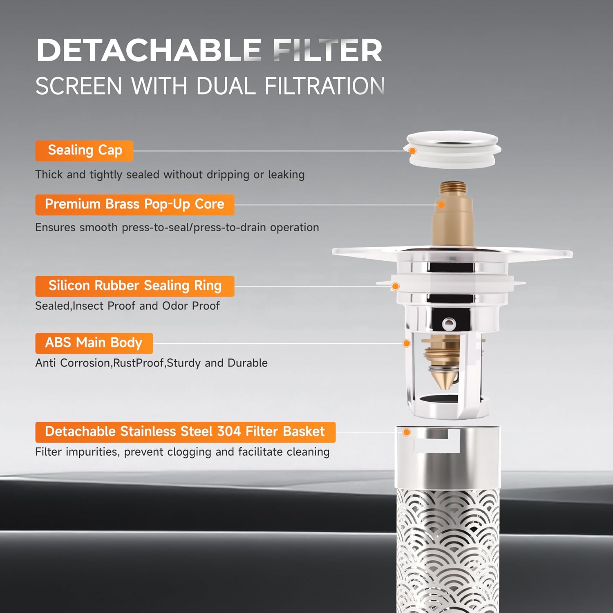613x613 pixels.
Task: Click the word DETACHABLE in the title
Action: [149, 50]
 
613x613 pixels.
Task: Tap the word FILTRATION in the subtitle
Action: [324, 86]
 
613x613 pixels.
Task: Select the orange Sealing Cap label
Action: [85, 150]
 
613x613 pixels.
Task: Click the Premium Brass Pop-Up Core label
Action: [135, 204]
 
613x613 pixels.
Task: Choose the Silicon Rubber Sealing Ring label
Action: [135, 286]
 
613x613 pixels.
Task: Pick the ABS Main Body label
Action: [94, 343]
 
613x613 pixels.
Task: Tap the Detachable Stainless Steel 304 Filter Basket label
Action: [186, 432]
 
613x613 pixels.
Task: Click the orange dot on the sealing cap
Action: [412, 151]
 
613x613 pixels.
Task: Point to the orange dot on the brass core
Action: [441, 205]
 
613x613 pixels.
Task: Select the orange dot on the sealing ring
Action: [395, 286]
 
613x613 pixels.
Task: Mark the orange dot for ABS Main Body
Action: [407, 343]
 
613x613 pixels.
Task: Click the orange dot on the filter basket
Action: [407, 432]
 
